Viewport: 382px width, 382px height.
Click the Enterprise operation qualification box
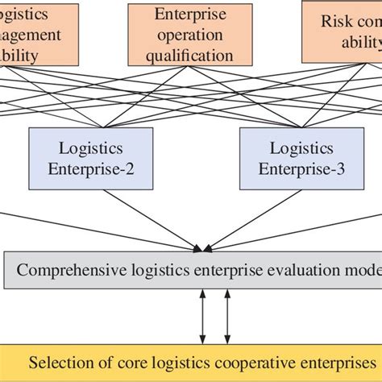point(192,35)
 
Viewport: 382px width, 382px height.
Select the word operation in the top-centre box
point(192,35)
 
